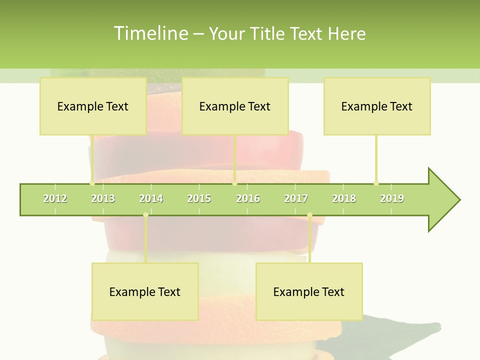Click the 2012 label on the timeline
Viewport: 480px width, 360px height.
point(55,198)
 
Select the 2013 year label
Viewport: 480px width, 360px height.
point(103,198)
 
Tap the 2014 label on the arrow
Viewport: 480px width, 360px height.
point(151,198)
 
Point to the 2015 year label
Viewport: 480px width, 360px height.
point(199,198)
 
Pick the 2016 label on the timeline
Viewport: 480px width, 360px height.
point(248,198)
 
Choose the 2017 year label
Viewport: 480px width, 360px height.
point(296,198)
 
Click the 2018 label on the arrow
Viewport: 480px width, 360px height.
point(344,198)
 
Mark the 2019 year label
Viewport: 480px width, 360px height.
point(392,198)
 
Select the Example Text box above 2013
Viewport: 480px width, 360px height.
point(93,106)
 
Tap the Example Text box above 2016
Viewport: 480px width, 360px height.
point(235,106)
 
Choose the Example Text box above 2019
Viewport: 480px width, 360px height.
point(377,106)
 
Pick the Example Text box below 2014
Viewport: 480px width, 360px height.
point(145,291)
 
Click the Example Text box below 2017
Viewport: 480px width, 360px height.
point(309,291)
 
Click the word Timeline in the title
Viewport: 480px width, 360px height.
point(150,33)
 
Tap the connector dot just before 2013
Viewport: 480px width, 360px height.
point(92,183)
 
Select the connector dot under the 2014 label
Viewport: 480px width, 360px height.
point(145,215)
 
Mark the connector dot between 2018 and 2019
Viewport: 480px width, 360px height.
point(376,183)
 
